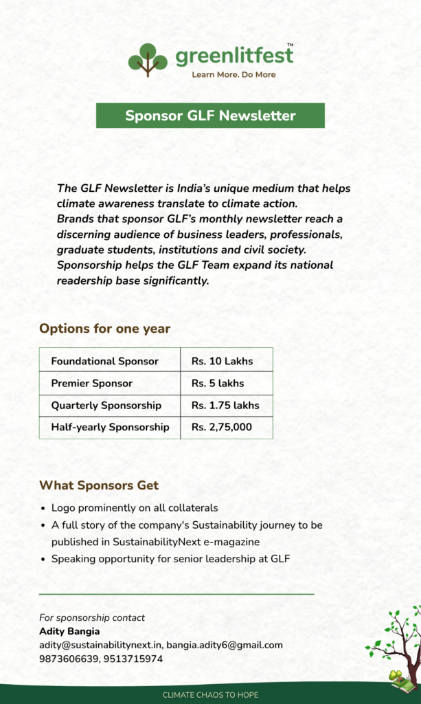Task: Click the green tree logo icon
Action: [148, 60]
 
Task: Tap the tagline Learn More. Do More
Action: [234, 74]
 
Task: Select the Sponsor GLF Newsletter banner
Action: [210, 115]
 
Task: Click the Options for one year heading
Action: [104, 329]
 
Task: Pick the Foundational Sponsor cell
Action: [104, 361]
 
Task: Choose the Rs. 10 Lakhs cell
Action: [222, 361]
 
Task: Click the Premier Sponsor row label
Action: [91, 383]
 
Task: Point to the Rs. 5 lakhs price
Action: [218, 383]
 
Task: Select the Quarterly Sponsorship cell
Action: [106, 405]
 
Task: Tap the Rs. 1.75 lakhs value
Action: [225, 405]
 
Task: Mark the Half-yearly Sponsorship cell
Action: [110, 427]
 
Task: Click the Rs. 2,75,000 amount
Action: [222, 427]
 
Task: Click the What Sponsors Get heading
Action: [99, 485]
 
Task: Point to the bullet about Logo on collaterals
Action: [135, 508]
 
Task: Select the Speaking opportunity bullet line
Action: [170, 559]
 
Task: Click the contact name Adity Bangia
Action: [69, 631]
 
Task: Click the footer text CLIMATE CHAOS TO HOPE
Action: [210, 695]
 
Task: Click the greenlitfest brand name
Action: [234, 57]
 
